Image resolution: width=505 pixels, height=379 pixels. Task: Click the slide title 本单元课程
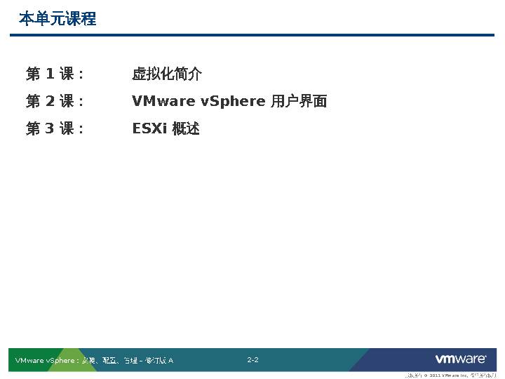(58, 19)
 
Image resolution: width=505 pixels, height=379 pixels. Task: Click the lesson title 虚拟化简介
(167, 74)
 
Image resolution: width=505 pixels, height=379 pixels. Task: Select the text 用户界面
(299, 101)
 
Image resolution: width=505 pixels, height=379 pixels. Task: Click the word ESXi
(149, 128)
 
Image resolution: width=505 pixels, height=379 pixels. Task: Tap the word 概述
(186, 128)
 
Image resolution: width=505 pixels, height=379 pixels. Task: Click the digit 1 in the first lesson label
(50, 74)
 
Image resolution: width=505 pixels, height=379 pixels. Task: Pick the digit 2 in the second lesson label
(50, 101)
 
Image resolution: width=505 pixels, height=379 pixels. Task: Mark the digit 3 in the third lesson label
(50, 128)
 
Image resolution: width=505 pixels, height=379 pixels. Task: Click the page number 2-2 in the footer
(252, 360)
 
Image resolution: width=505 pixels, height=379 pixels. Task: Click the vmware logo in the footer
(461, 359)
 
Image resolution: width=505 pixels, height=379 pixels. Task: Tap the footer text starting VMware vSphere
(94, 361)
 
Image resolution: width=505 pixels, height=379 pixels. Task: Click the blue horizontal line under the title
(252, 34)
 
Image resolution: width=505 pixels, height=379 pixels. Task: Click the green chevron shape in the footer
(67, 359)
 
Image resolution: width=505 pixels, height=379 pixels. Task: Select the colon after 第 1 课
(81, 74)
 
